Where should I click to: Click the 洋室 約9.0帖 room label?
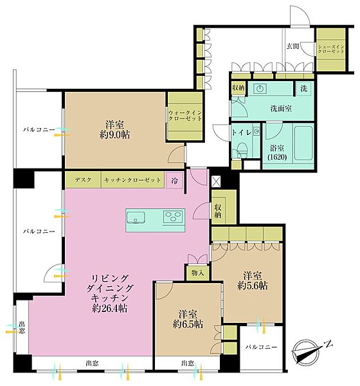coord(114,129)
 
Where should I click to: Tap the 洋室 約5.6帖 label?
coord(253,280)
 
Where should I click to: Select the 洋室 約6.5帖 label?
coord(188,319)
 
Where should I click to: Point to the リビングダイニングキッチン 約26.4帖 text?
coord(110,293)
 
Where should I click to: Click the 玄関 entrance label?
coord(293,46)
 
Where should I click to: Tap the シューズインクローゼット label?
coord(331,49)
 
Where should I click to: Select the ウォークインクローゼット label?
coord(185,115)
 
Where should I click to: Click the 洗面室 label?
coord(281,108)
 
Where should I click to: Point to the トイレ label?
coord(242,133)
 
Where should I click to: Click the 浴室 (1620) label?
coord(277,152)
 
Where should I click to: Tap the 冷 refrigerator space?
coord(174,181)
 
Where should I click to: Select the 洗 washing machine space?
coord(304,88)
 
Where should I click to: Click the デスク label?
coord(83,179)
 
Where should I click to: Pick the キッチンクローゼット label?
coord(132,180)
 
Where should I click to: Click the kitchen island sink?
coord(136,217)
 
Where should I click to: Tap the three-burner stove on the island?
coord(174,217)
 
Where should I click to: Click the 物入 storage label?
coord(197,273)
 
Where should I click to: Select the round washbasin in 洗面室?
coord(260,88)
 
